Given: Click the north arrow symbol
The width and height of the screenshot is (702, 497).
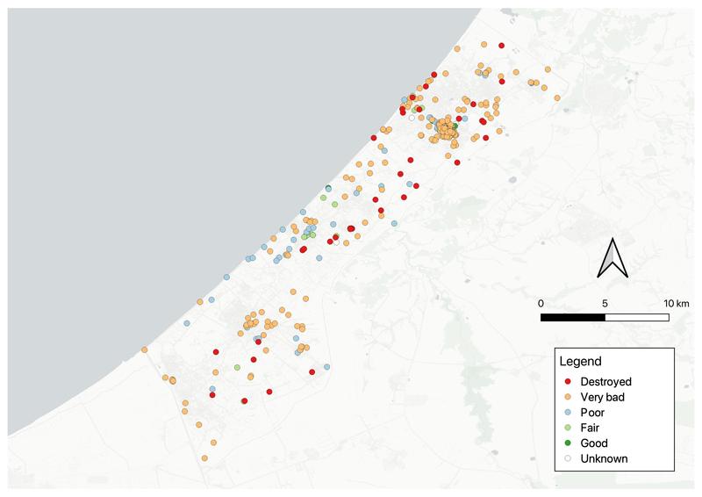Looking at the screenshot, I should pos(612,257).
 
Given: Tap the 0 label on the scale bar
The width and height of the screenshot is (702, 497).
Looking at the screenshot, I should pos(541,303).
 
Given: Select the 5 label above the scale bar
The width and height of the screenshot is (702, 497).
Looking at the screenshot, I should pos(605,303).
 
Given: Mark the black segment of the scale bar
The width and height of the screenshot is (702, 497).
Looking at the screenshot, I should pos(573,315).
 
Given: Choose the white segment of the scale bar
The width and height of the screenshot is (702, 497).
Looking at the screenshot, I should pos(637,315).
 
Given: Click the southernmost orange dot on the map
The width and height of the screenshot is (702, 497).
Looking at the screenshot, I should pos(204,458).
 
